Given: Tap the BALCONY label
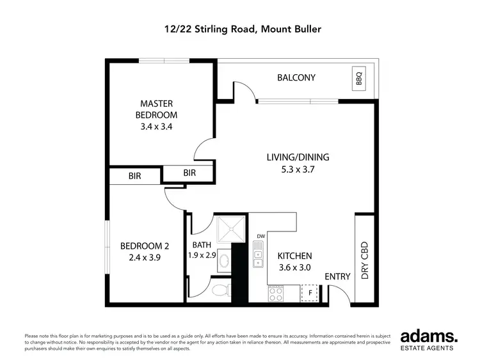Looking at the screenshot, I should click(x=296, y=78).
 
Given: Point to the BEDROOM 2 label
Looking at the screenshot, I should click(x=144, y=246).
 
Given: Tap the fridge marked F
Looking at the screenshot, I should click(x=310, y=293).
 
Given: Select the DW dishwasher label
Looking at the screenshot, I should click(x=260, y=237).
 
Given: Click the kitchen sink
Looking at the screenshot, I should click(x=258, y=254).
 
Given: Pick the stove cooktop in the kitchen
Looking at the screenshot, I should click(x=275, y=293).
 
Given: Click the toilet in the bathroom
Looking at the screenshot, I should click(x=220, y=291).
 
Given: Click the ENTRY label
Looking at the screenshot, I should click(x=337, y=276).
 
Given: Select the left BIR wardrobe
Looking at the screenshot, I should click(x=135, y=175).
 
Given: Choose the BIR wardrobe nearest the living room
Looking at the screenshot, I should click(x=189, y=173).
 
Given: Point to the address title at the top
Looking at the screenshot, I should click(x=240, y=29).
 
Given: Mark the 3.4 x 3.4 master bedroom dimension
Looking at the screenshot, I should click(x=156, y=127).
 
